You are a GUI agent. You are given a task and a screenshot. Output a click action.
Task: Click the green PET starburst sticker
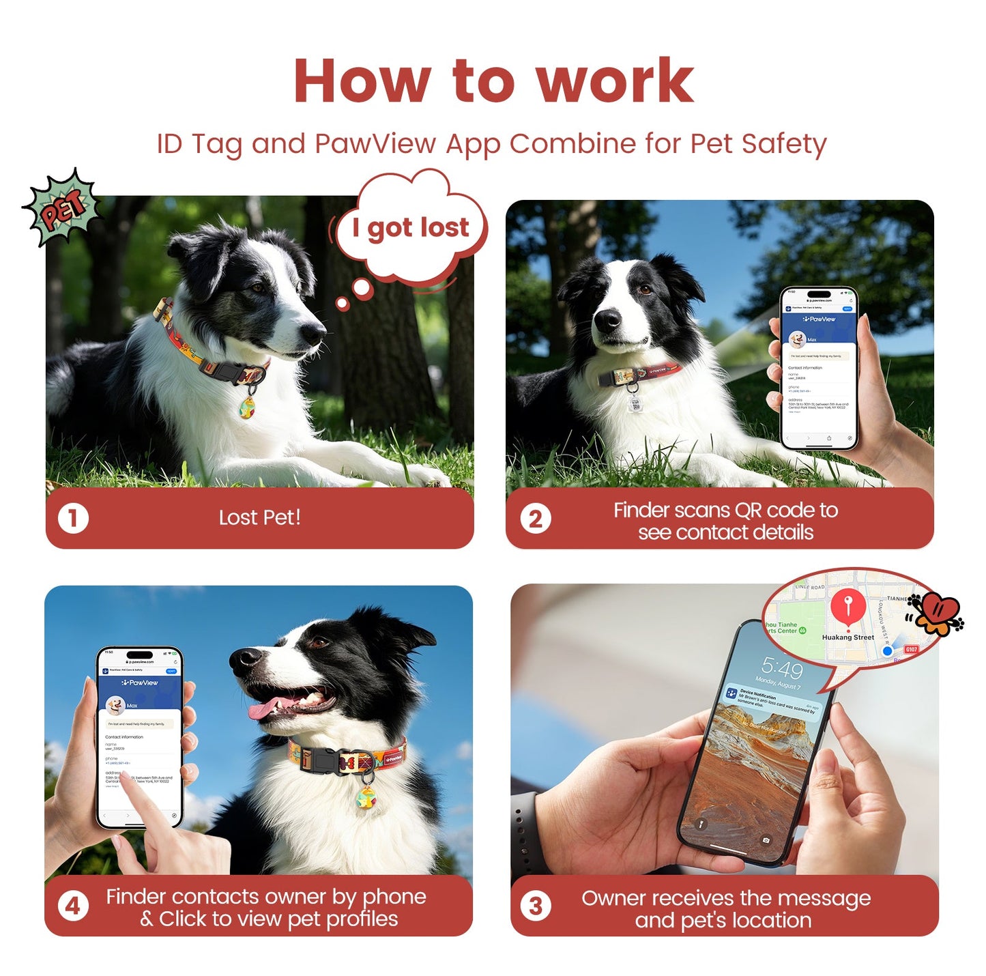point(63,207)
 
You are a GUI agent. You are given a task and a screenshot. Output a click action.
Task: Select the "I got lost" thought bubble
point(411,227)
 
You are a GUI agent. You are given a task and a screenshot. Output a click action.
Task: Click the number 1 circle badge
point(73,518)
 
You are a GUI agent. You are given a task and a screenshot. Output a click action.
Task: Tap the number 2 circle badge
point(536,519)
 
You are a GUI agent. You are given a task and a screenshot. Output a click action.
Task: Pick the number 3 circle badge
point(536,906)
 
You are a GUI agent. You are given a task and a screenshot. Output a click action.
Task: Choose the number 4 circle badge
point(73,906)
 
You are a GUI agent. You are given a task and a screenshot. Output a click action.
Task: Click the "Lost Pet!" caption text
point(259,517)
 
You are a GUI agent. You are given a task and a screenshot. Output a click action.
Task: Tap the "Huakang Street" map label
point(847,637)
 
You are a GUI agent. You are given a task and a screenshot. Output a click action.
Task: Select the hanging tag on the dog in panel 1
point(248,406)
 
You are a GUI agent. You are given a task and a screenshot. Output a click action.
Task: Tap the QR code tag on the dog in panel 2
point(635,403)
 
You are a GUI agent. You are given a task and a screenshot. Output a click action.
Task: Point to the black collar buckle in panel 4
point(323,759)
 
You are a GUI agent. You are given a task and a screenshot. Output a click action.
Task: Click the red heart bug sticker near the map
point(938,612)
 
